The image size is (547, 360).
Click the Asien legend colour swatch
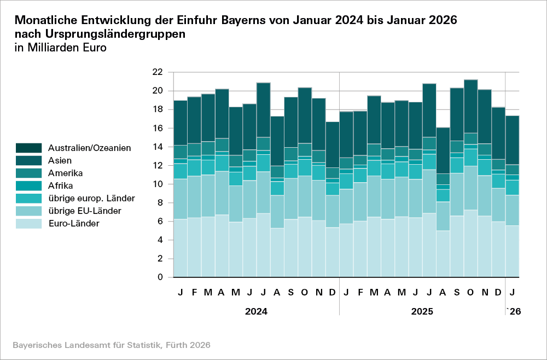tap(29, 160)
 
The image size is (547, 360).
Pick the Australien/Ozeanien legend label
tap(89, 148)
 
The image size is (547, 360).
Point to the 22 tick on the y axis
tap(158, 72)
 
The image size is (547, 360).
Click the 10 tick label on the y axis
tap(158, 184)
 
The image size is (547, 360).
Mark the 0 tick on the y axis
tap(160, 277)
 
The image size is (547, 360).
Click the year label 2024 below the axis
tap(256, 312)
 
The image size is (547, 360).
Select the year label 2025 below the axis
tap(422, 312)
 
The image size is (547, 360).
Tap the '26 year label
tap(513, 312)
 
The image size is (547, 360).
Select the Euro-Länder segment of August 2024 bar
tap(277, 252)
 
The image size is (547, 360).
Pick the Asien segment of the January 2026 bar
tap(512, 140)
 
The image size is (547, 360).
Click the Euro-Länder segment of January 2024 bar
tap(180, 248)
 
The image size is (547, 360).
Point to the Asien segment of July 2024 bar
tap(263, 109)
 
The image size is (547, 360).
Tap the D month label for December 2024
tap(332, 293)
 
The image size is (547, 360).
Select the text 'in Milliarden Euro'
tap(60, 47)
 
